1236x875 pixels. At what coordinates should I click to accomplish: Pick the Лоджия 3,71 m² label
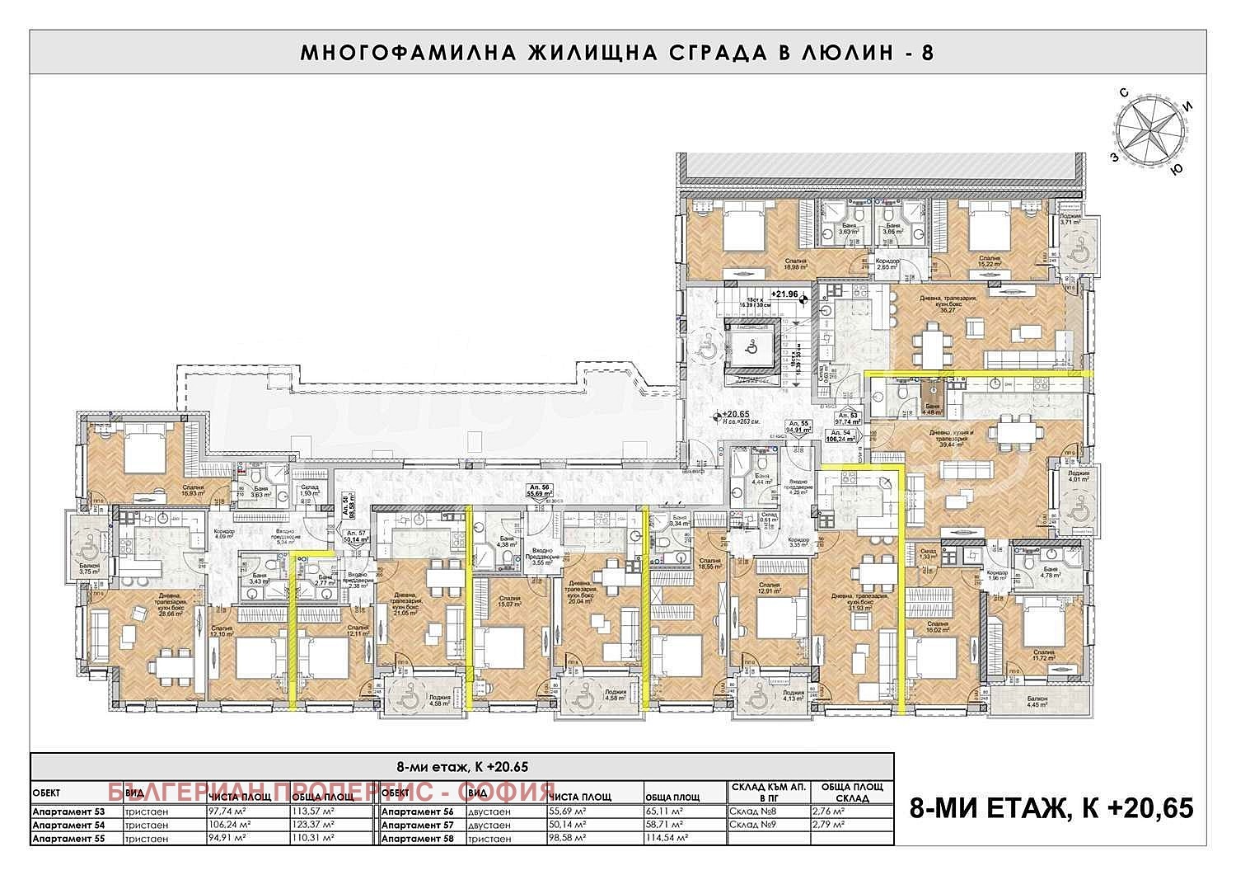1070,218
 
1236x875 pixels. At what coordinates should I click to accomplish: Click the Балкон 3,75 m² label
89,567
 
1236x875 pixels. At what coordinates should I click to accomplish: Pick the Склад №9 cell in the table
747,825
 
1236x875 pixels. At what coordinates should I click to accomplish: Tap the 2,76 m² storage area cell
828,811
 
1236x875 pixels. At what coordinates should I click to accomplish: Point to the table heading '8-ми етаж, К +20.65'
461,766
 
